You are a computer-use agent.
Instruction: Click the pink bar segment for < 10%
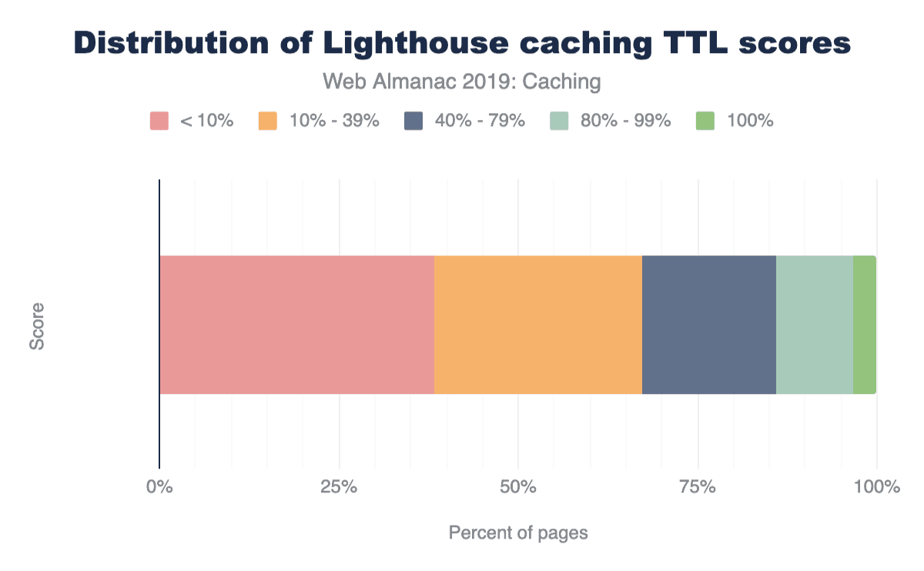(296, 325)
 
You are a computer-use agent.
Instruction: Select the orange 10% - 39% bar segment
(538, 325)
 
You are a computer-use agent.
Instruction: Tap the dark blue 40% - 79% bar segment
(709, 325)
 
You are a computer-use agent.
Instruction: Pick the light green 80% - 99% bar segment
(815, 325)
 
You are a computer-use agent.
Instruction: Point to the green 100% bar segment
(865, 325)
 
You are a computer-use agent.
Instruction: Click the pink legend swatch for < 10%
(159, 121)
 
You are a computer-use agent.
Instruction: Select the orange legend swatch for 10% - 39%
(267, 121)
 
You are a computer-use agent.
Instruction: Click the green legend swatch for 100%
(705, 121)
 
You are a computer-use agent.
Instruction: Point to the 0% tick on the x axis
(159, 487)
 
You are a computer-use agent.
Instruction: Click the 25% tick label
(339, 487)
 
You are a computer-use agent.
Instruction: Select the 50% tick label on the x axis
(518, 487)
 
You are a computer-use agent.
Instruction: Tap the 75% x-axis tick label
(698, 487)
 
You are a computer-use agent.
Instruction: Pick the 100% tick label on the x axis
(877, 487)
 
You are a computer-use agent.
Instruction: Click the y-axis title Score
(37, 326)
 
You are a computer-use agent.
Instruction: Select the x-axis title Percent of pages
(517, 533)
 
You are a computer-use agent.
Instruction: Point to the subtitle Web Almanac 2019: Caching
(461, 81)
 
